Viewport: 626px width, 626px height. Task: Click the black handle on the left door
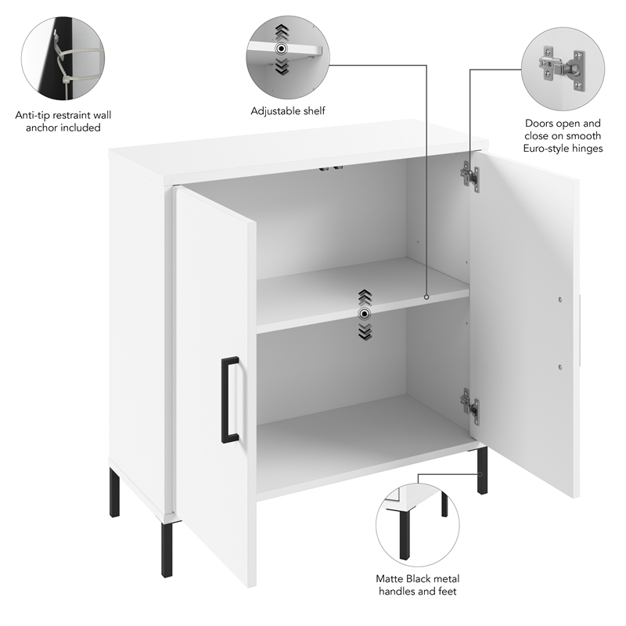[x=229, y=399]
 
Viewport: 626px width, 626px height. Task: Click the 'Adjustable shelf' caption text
[x=288, y=111]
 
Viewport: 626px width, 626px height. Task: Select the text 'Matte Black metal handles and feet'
[x=417, y=585]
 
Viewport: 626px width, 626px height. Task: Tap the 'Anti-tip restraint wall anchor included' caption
[x=58, y=121]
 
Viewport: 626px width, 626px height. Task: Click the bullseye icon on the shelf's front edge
[x=364, y=314]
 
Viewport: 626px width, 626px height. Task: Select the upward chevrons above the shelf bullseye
[x=364, y=297]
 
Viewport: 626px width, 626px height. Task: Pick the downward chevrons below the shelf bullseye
[x=364, y=332]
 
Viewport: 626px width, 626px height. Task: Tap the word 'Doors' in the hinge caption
[x=541, y=123]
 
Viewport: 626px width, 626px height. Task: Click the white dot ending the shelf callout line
[x=426, y=297]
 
